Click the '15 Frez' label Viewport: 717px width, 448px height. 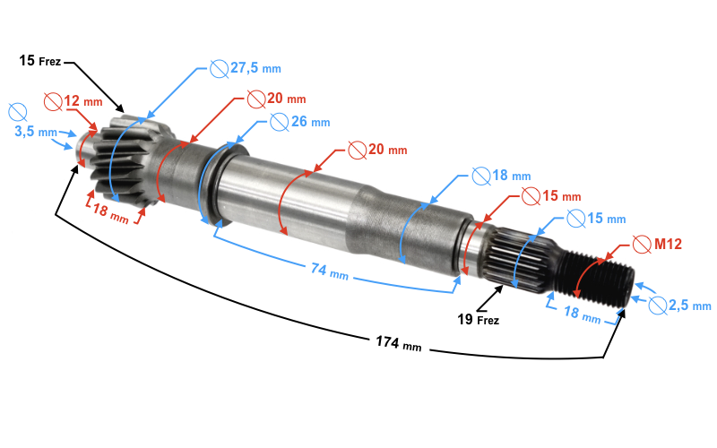39,61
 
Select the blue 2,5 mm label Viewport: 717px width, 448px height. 688,305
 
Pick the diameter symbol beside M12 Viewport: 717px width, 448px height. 641,244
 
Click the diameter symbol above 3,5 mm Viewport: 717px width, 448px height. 16,111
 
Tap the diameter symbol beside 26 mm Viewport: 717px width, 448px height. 278,122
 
